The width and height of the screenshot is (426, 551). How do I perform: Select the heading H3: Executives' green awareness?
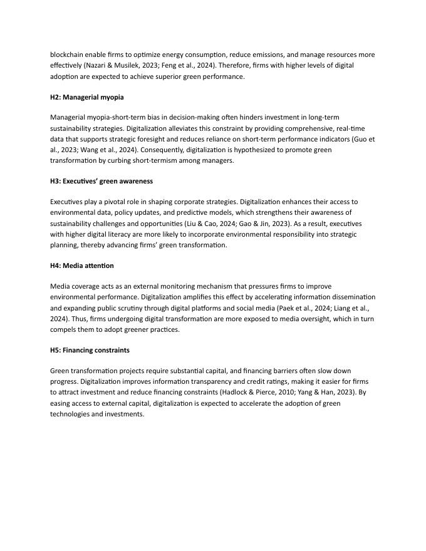[x=101, y=181]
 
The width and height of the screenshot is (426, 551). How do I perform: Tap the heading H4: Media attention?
[x=82, y=265]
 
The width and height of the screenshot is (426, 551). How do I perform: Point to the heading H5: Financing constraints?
[x=90, y=350]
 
